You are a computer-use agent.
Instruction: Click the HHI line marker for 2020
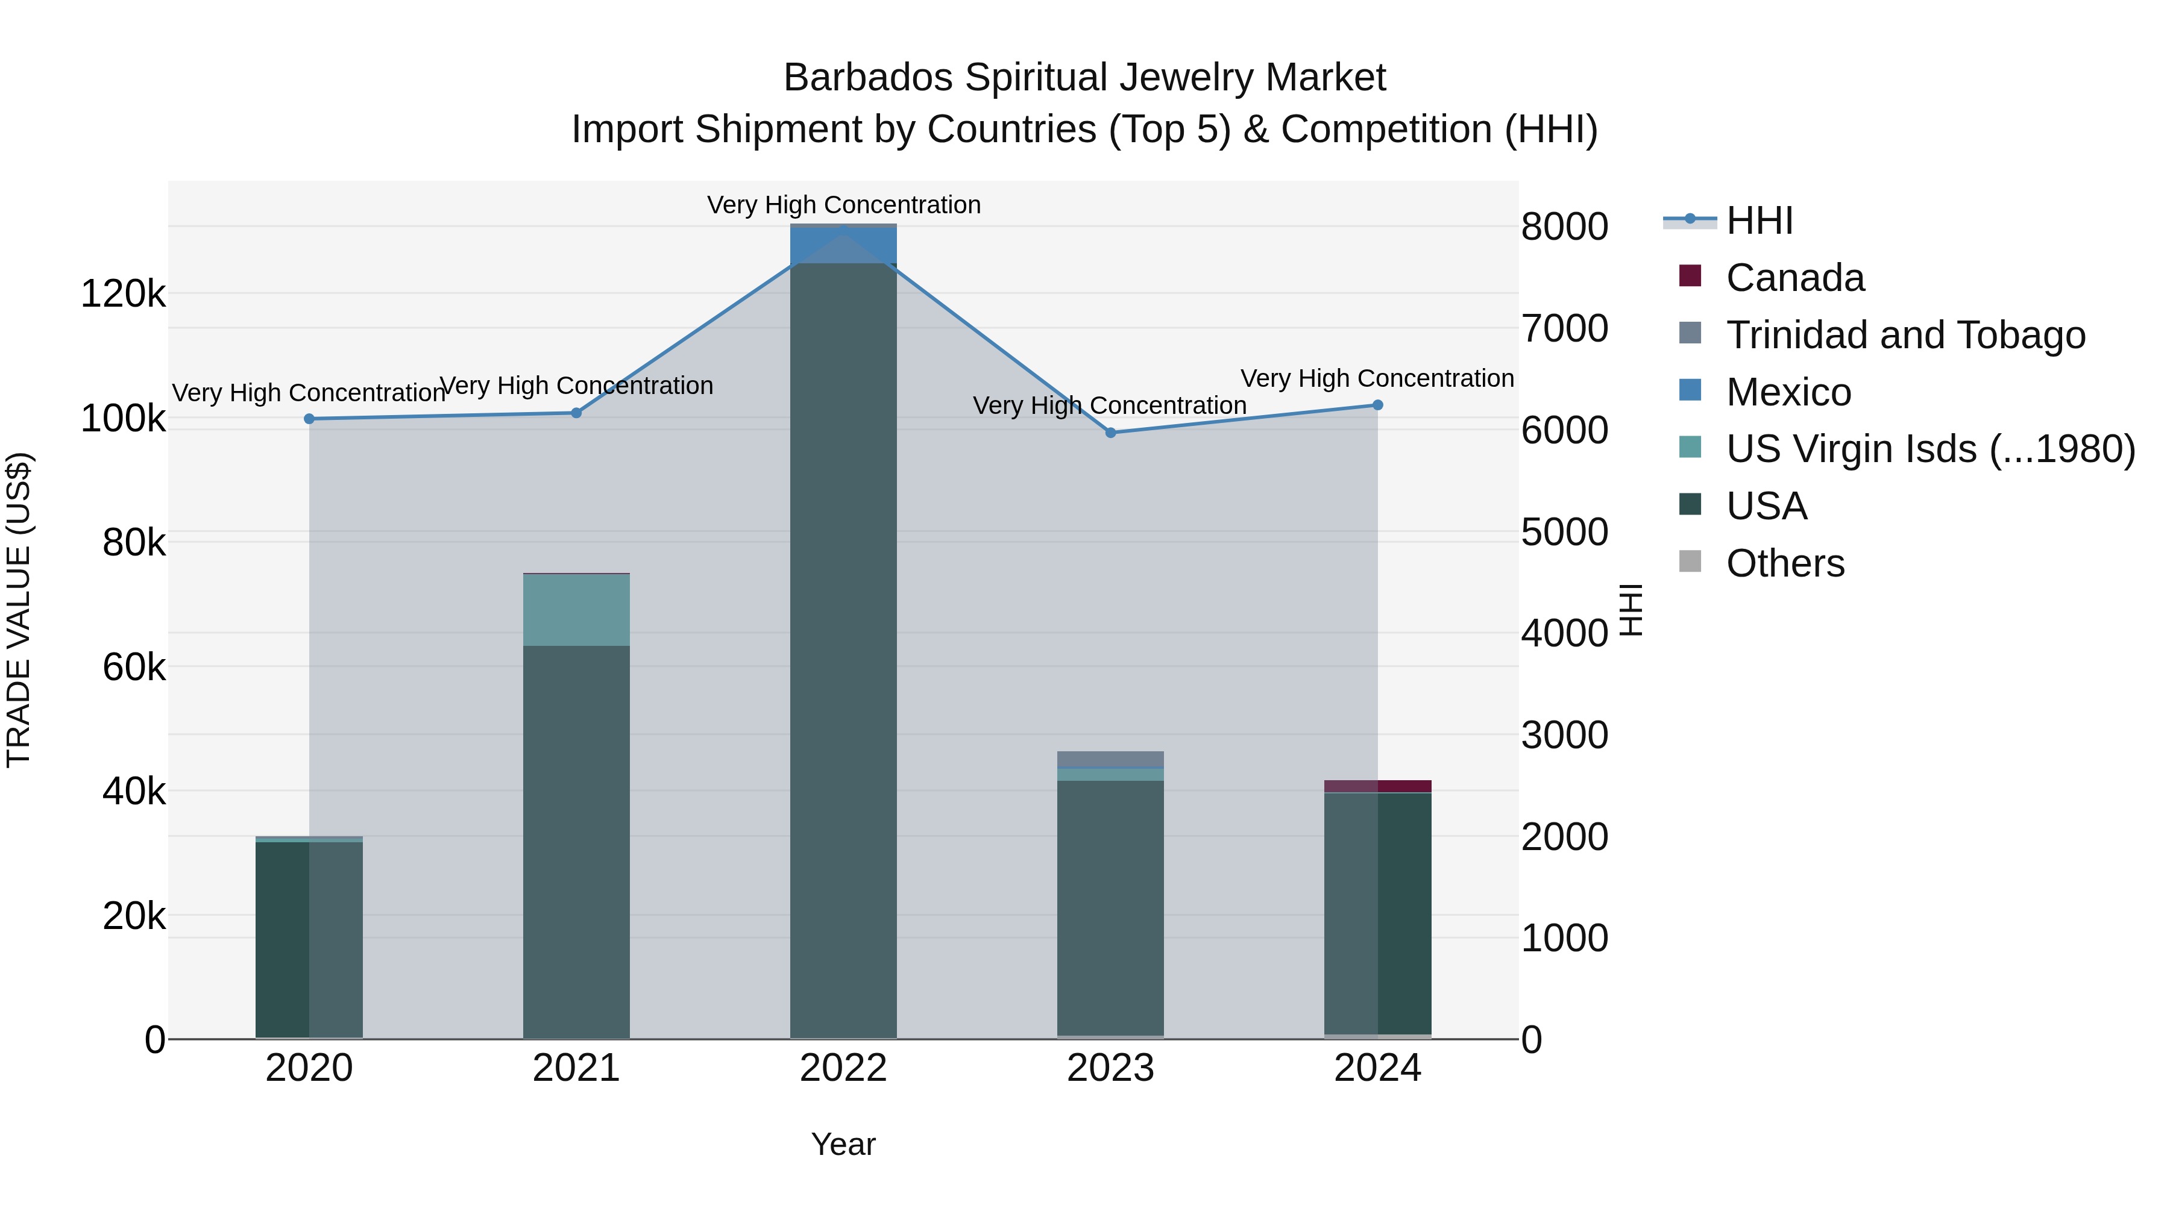pyautogui.click(x=309, y=419)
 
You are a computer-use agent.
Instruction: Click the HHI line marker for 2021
pyautogui.click(x=576, y=413)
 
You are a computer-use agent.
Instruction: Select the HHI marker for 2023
pyautogui.click(x=1110, y=433)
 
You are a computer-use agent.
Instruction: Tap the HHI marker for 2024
pyautogui.click(x=1377, y=405)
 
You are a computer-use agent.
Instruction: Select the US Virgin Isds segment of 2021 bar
pyautogui.click(x=576, y=610)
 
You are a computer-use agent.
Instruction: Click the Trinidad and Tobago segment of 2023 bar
pyautogui.click(x=1110, y=760)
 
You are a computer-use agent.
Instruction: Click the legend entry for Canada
pyautogui.click(x=1794, y=278)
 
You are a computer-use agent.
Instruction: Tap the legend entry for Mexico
pyautogui.click(x=1788, y=392)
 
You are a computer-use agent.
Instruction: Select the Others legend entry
pyautogui.click(x=1784, y=563)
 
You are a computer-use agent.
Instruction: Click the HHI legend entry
pyautogui.click(x=1759, y=221)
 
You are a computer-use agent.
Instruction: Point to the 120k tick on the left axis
pyautogui.click(x=123, y=295)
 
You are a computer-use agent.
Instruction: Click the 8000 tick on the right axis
pyautogui.click(x=1564, y=227)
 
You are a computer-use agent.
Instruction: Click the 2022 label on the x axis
pyautogui.click(x=843, y=1068)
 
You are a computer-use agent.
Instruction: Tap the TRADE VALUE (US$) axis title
pyautogui.click(x=19, y=610)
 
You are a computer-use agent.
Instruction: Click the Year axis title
pyautogui.click(x=843, y=1144)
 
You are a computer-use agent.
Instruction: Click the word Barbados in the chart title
pyautogui.click(x=867, y=78)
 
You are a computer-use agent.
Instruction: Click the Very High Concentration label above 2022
pyautogui.click(x=843, y=205)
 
